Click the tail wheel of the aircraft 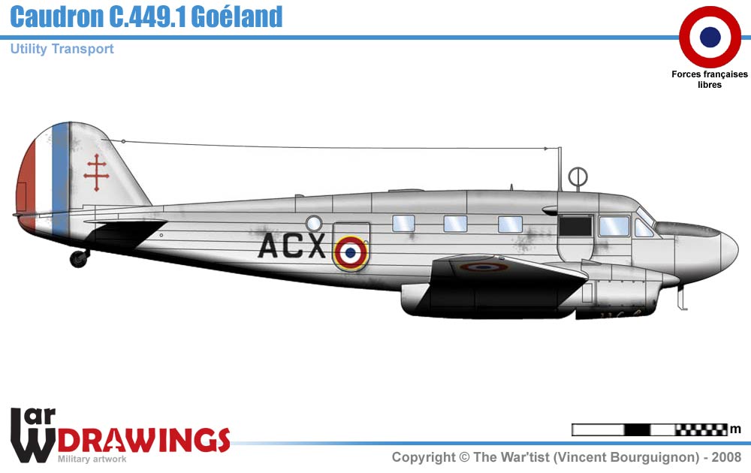(78, 258)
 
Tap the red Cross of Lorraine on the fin (95, 172)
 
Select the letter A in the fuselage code (270, 246)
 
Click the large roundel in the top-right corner (710, 36)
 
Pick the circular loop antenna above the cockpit (578, 177)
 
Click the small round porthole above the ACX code (314, 223)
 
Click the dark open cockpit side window (576, 226)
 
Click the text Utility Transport (62, 49)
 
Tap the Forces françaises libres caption (710, 80)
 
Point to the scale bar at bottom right (650, 429)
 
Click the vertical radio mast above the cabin (559, 169)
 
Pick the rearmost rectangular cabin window (403, 223)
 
